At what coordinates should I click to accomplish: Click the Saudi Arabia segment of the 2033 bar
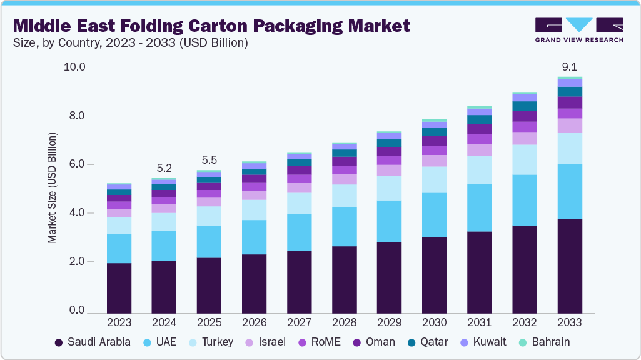[570, 266]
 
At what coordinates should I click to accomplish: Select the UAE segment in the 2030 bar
[435, 214]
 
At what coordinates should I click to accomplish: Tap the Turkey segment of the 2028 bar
[345, 196]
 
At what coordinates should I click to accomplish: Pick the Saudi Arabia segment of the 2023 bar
[119, 287]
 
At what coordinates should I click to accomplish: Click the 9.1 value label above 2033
[570, 67]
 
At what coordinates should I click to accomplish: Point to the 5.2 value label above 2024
[164, 168]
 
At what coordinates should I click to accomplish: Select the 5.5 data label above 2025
[209, 160]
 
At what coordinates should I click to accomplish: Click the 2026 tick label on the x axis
[254, 322]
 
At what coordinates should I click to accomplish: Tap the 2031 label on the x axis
[480, 322]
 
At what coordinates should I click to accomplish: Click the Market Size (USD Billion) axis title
[52, 187]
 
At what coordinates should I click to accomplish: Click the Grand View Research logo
[578, 30]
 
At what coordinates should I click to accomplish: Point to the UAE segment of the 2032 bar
[525, 200]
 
